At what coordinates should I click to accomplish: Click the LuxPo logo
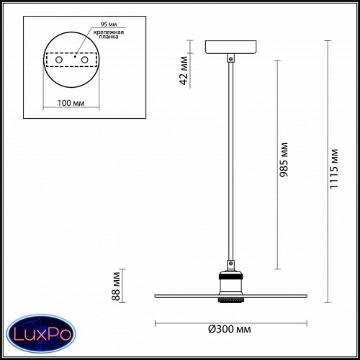41,333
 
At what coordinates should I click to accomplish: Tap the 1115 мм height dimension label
333,169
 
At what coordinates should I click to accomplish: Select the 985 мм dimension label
284,160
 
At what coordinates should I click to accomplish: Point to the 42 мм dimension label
184,71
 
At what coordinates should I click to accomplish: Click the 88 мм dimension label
116,287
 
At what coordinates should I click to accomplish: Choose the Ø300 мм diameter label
230,329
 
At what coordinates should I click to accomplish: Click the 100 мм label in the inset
71,103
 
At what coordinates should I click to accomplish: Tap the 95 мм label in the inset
109,24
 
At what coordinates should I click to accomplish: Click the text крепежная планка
109,35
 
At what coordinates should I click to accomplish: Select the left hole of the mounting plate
59,60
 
